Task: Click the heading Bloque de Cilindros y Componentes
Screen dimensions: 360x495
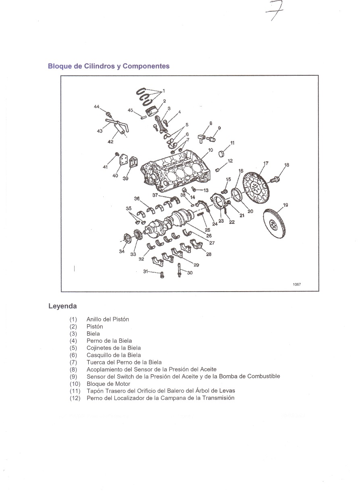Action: [x=108, y=66]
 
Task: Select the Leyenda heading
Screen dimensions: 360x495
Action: [x=62, y=306]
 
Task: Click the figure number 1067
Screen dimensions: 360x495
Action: [x=297, y=284]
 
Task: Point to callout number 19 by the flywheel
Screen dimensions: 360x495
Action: [x=285, y=205]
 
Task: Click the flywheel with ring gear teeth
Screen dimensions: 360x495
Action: [x=274, y=223]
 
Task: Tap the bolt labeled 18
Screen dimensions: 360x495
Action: [x=274, y=179]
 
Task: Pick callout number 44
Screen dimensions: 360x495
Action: [x=97, y=107]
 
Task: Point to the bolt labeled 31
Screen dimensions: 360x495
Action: [x=162, y=275]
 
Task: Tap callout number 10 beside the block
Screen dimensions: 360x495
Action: [x=210, y=150]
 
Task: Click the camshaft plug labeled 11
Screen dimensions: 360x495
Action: [x=222, y=153]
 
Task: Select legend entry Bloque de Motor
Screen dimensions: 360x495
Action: [x=108, y=384]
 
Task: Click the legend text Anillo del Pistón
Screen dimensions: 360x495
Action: [x=108, y=319]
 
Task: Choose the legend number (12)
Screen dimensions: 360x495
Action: [x=75, y=398]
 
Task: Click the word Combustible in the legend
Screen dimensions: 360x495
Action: [x=264, y=376]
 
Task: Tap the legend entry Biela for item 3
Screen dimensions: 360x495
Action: [x=93, y=333]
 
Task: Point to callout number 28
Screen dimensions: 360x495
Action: [x=209, y=254]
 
